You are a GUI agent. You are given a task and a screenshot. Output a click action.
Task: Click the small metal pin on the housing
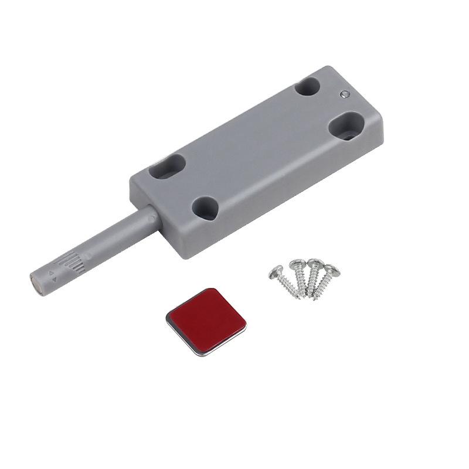click(345, 93)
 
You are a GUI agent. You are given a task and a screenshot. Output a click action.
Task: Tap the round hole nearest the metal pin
click(307, 87)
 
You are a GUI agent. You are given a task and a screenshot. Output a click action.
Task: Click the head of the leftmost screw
click(276, 271)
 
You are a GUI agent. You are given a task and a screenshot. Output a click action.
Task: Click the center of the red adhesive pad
click(207, 320)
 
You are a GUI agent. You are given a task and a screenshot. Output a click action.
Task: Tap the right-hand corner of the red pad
click(245, 321)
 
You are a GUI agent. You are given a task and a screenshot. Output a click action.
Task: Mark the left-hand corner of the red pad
click(168, 315)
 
